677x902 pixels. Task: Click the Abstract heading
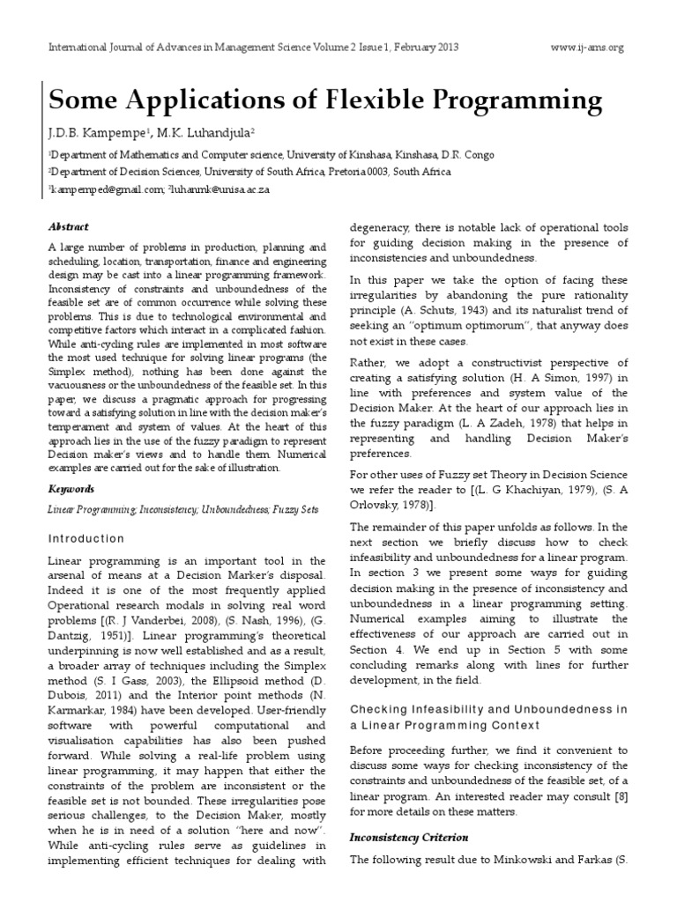[x=68, y=226]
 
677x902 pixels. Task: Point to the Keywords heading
[x=71, y=488]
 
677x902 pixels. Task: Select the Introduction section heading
[x=86, y=538]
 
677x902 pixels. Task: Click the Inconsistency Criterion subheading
[x=409, y=836]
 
